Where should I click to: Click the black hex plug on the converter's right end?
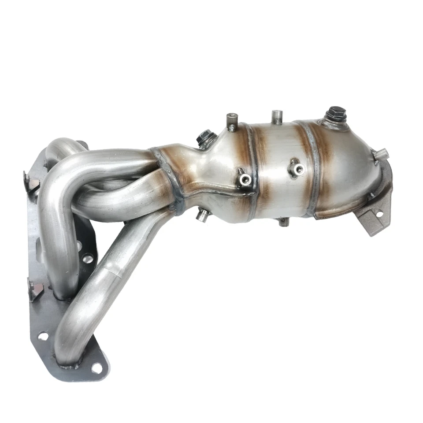336,114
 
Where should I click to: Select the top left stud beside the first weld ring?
232,121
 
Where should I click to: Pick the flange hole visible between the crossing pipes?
89,258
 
